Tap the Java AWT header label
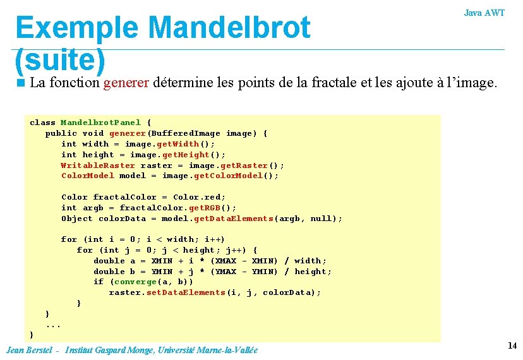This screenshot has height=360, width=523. coord(484,13)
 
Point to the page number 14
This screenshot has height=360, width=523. coord(512,345)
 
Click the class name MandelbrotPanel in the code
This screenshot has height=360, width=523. coord(100,123)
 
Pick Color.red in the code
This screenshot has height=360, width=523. coord(199,197)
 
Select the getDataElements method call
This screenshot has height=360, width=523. coord(234,219)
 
